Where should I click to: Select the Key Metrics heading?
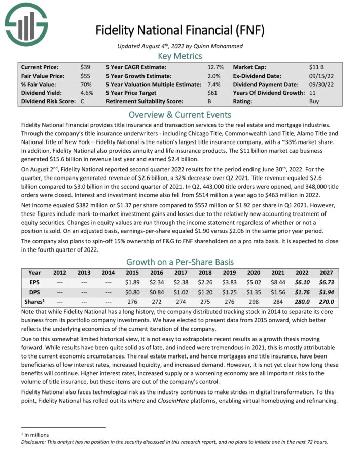[x=180, y=56]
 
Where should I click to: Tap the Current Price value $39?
[x=85, y=67]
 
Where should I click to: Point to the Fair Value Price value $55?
[x=85, y=76]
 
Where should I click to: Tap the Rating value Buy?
[x=314, y=101]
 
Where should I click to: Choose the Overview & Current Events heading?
[x=180, y=114]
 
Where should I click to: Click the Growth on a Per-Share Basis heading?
[x=180, y=262]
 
